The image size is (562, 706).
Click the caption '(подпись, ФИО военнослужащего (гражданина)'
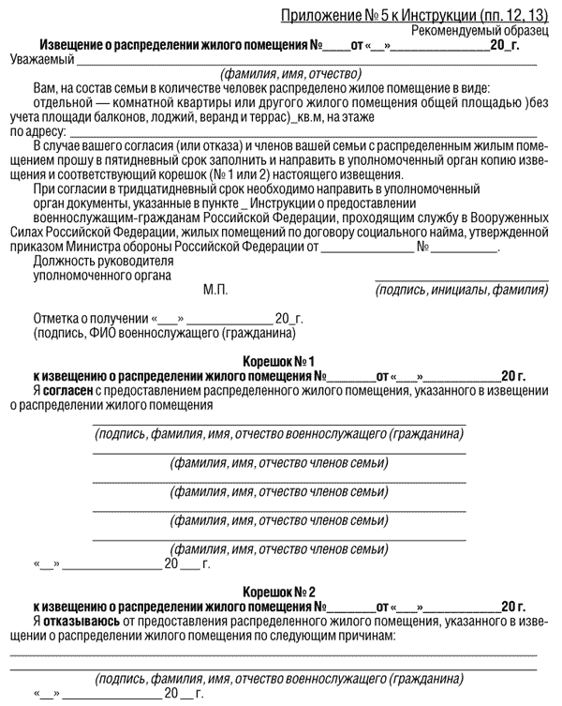pos(155,333)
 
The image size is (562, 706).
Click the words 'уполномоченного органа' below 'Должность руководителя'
pos(101,276)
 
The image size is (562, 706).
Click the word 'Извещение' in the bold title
pos(73,45)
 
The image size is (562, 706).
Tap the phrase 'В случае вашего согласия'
pos(100,147)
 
